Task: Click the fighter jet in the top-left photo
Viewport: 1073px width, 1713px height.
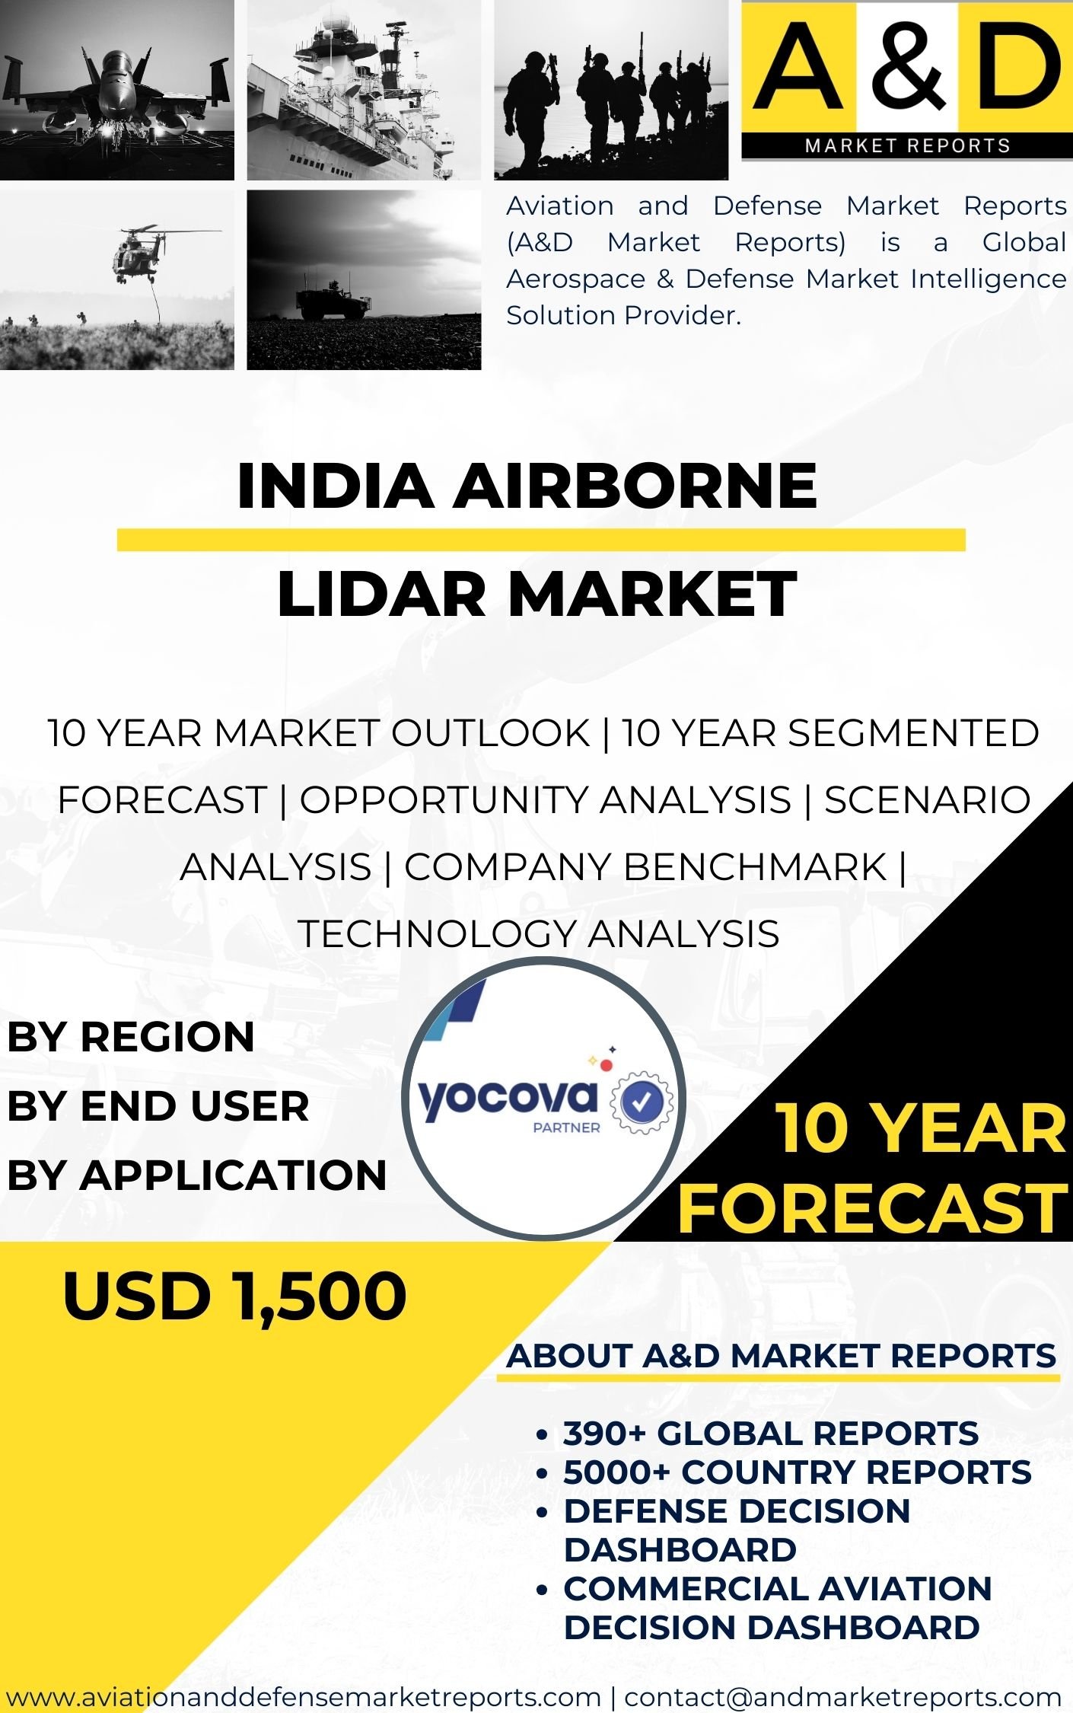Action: (x=116, y=91)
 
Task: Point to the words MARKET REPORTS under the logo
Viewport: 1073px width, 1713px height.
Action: (x=907, y=145)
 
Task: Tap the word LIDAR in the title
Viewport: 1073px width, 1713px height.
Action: (x=380, y=594)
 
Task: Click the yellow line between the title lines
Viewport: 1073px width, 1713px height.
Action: (x=541, y=539)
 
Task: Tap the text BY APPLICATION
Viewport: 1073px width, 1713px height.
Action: (x=197, y=1175)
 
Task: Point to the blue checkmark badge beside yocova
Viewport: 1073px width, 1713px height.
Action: (x=642, y=1099)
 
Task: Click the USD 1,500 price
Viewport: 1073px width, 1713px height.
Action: (x=235, y=1297)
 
